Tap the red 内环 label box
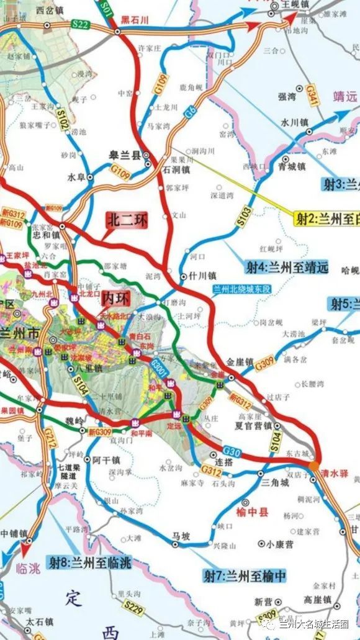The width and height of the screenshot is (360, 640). click(x=117, y=297)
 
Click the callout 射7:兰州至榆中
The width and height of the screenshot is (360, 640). click(x=246, y=575)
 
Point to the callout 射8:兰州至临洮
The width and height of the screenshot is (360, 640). click(x=91, y=564)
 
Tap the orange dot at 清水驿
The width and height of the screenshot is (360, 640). click(x=313, y=463)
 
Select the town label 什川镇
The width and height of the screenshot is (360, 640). click(x=203, y=275)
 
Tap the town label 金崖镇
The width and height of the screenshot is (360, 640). click(x=238, y=361)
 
